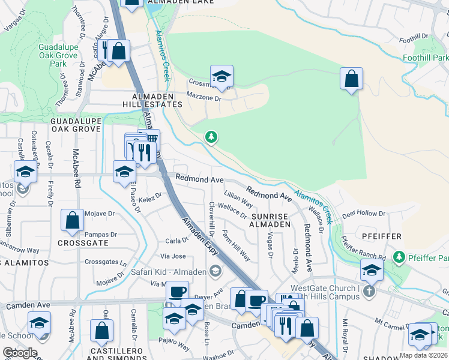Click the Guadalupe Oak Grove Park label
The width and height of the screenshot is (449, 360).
tap(58, 55)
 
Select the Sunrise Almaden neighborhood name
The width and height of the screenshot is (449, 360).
tap(271, 220)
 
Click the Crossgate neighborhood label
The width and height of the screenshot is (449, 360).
tap(83, 243)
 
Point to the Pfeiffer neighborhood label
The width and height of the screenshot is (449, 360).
tap(382, 236)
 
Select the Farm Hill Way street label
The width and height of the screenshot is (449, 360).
tap(237, 245)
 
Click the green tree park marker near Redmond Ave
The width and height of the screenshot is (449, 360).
tap(211, 137)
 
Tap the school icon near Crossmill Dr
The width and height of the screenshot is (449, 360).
tap(221, 76)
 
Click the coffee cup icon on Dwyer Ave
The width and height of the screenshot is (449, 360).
tap(177, 292)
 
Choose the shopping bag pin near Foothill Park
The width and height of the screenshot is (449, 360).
tap(351, 79)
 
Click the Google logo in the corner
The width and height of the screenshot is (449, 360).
tap(20, 353)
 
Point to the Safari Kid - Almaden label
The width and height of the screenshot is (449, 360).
tap(169, 272)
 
